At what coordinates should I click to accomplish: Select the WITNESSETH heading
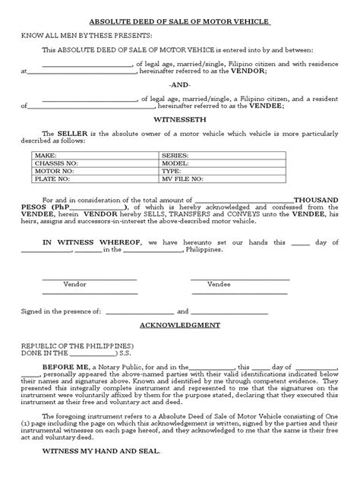click(179, 119)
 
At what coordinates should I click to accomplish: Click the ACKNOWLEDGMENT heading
click(179, 324)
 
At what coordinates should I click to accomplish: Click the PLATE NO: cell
click(51, 181)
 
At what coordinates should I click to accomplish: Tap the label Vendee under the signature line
click(219, 284)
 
